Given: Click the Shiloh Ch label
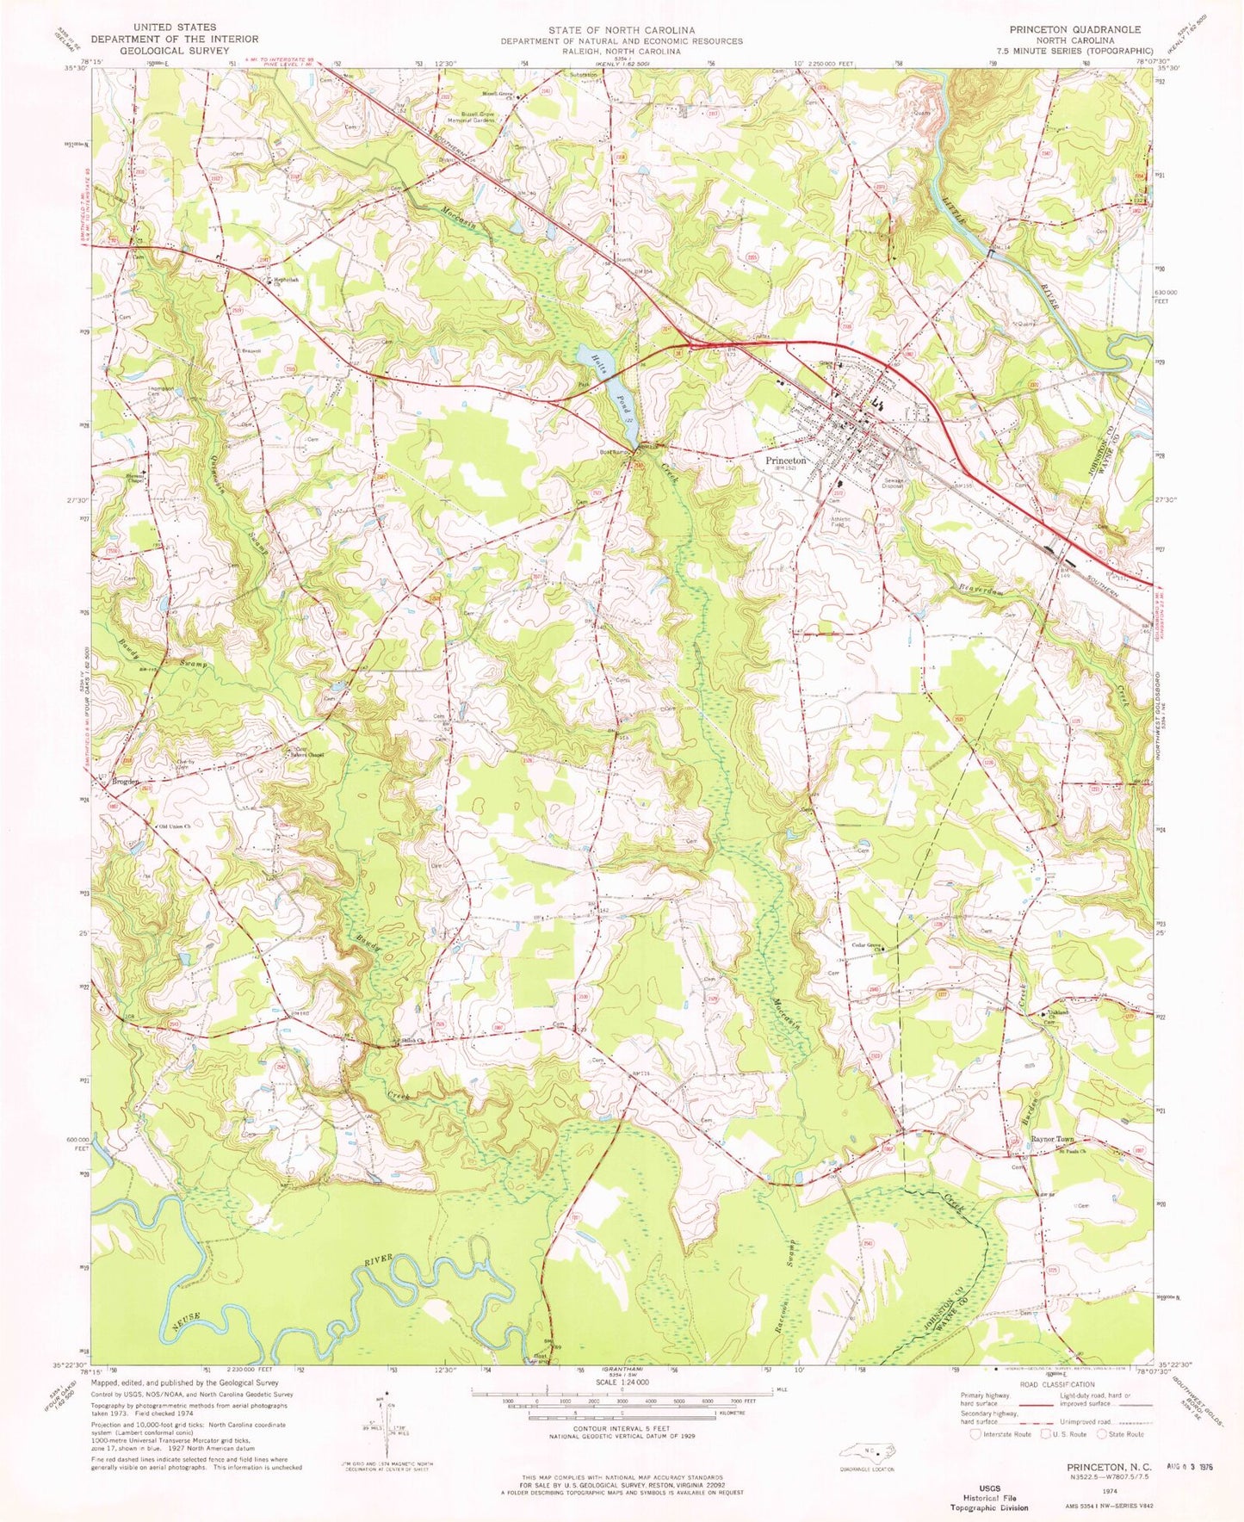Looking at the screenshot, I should click(x=411, y=1042).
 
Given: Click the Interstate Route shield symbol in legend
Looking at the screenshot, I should click(x=976, y=1434).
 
